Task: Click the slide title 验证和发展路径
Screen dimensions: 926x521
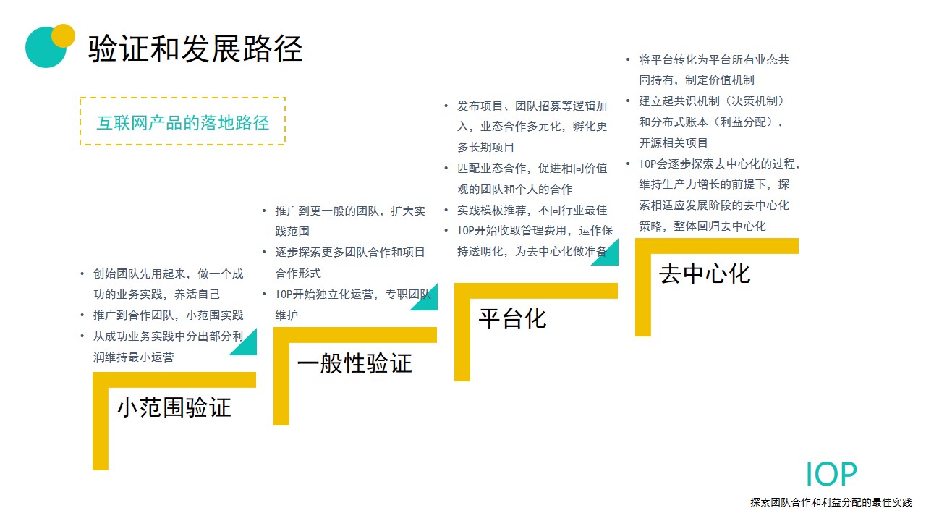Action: [195, 48]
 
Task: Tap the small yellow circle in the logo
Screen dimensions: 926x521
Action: [63, 35]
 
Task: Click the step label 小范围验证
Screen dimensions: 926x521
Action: [174, 407]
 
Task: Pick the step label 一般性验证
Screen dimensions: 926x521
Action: [354, 363]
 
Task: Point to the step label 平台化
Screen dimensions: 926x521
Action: [512, 318]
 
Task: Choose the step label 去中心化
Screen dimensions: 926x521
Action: [705, 274]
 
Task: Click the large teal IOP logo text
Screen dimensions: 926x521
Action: [831, 474]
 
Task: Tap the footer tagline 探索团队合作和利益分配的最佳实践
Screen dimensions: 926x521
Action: [831, 502]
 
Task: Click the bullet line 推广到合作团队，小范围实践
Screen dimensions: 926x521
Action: [169, 315]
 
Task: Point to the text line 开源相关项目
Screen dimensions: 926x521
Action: [674, 143]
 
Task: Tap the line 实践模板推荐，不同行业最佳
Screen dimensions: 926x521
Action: [532, 210]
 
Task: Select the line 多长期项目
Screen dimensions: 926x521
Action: [485, 147]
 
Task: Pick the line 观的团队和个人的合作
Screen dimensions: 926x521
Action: [514, 189]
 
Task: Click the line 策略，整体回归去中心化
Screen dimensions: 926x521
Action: [702, 226]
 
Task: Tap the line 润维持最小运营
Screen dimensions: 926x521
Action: [134, 357]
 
